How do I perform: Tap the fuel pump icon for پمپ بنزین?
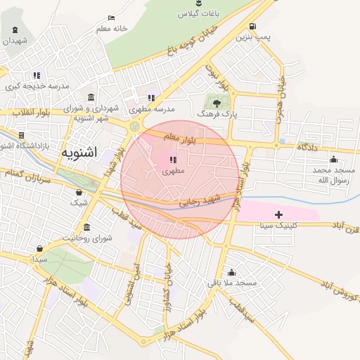coord(252,27)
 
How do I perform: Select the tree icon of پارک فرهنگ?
coord(215,100)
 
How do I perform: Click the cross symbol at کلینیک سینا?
coord(279,214)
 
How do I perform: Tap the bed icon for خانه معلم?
coord(111,18)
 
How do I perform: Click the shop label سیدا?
coord(39,259)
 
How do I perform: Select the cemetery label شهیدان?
coord(15,41)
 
